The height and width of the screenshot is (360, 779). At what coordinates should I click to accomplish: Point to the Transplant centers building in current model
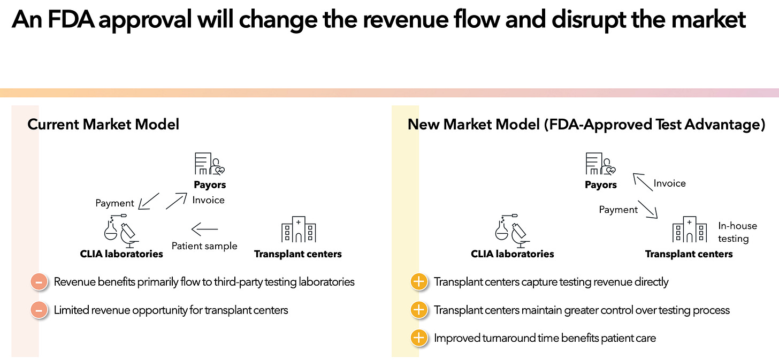tap(299, 229)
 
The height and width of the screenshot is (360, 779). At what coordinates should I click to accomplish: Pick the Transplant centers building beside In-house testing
tap(689, 229)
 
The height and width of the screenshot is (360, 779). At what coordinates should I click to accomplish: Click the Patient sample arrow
tap(204, 229)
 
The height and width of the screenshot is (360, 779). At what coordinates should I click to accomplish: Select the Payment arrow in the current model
tap(148, 201)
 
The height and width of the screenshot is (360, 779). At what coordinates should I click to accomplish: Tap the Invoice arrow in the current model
tap(177, 201)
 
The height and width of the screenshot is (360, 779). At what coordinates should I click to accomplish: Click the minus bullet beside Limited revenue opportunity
tap(39, 310)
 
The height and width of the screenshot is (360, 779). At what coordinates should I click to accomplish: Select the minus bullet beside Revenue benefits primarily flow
tap(39, 281)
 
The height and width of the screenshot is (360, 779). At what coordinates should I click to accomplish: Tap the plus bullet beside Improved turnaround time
tap(419, 338)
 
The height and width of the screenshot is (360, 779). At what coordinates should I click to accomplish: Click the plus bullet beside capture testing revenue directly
tap(419, 281)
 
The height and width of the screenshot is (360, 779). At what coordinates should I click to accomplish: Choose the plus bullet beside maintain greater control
tap(419, 310)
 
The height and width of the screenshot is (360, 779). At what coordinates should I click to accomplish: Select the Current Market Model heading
tap(103, 125)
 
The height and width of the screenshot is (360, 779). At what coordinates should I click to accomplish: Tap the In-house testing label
tap(737, 232)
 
